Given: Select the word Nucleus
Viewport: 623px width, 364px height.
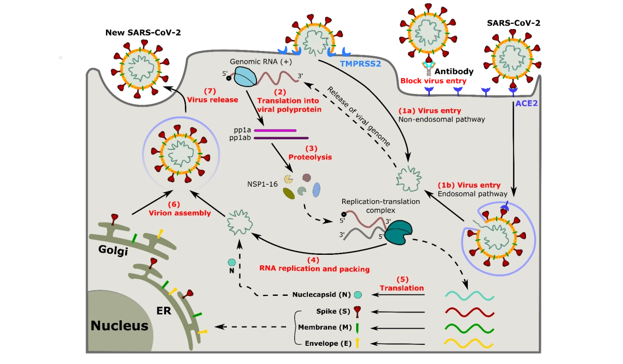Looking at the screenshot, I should point(119,326).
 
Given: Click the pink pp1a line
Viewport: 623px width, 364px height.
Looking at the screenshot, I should point(275,131).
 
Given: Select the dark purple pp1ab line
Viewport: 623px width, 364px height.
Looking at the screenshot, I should point(281,138).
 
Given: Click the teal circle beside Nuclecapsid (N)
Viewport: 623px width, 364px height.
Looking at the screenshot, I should point(358,295).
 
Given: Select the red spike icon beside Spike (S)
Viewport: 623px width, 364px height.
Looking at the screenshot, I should point(358,311).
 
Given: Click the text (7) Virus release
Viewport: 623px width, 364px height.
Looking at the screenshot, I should point(213,96).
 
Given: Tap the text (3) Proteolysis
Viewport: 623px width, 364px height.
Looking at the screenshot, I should point(310,152).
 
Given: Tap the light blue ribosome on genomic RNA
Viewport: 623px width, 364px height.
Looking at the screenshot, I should point(246,77).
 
